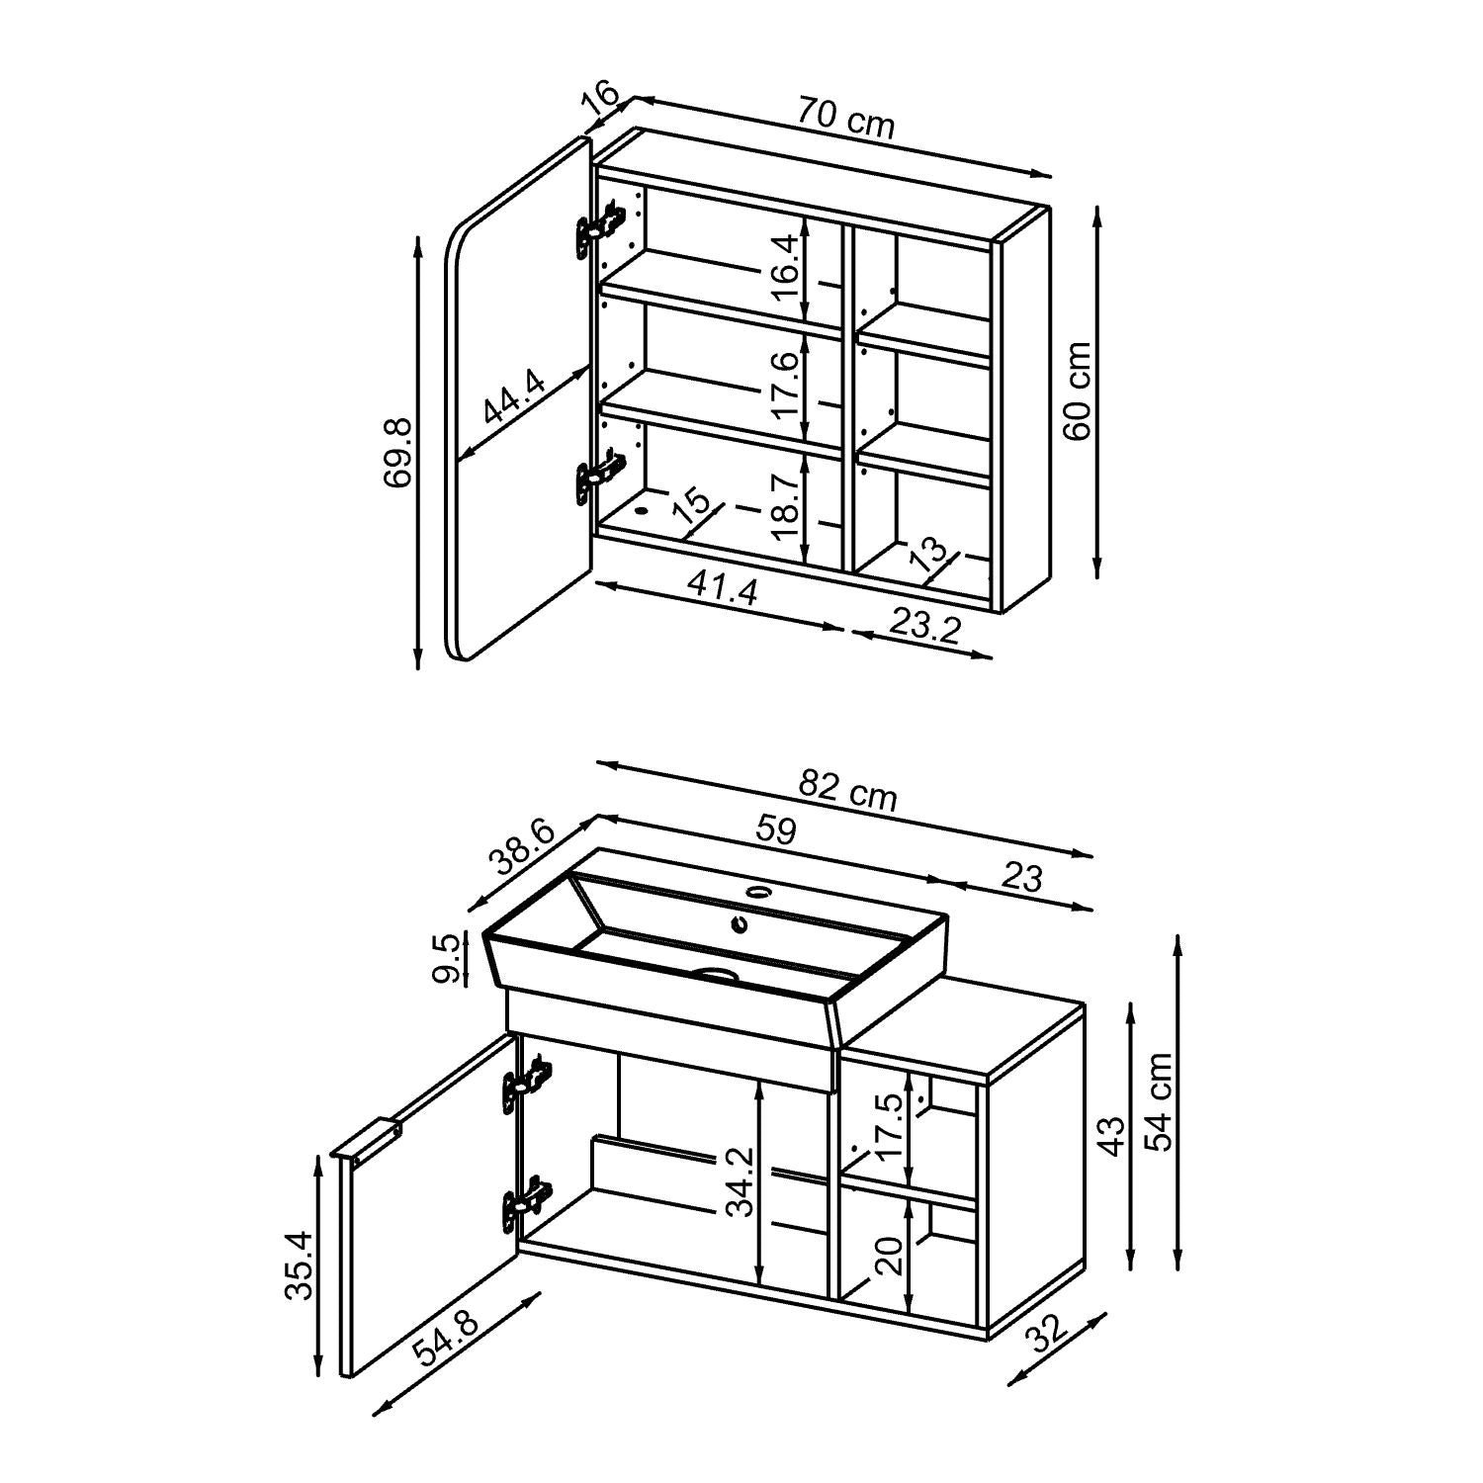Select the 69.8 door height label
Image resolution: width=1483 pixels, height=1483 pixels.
click(397, 452)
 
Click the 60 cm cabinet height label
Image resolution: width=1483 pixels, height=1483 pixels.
click(1078, 392)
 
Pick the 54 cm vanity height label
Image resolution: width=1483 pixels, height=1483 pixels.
click(1158, 1100)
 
